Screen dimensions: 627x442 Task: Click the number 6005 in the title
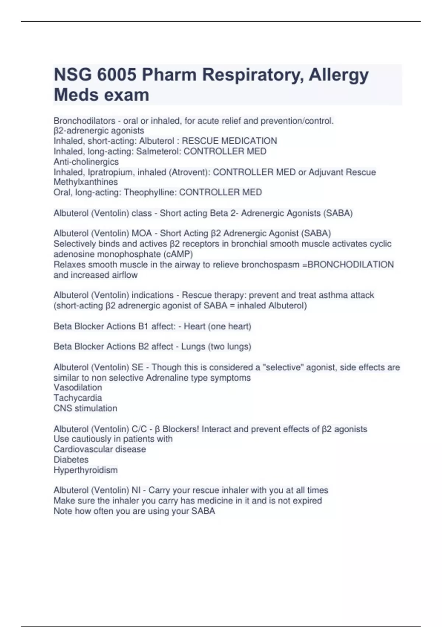[116, 75]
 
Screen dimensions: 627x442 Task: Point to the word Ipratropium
[110, 172]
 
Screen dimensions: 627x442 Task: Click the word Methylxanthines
[85, 182]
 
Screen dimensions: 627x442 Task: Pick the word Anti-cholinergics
[86, 162]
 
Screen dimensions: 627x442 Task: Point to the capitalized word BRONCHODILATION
[350, 265]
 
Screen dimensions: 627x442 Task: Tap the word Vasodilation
[78, 388]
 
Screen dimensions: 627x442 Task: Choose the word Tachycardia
[78, 398]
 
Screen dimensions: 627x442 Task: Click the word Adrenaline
[167, 378]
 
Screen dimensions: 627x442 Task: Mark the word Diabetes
[71, 460]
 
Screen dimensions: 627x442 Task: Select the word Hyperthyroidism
[85, 470]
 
